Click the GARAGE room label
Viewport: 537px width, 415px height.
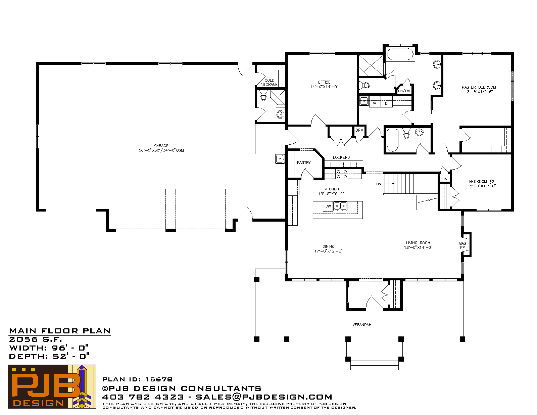[x=161, y=146]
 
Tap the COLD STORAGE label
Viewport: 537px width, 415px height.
[x=270, y=82]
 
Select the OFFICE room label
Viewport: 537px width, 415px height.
[x=324, y=82]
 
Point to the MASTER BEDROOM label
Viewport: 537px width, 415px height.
[x=479, y=87]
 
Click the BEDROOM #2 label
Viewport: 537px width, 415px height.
[x=482, y=181]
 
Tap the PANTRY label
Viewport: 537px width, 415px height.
[x=304, y=163]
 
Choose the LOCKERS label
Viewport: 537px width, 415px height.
[x=341, y=157]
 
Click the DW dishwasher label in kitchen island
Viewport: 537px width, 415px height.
[x=328, y=206]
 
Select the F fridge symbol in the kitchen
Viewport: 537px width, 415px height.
[x=293, y=187]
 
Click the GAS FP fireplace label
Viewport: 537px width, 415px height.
[x=462, y=245]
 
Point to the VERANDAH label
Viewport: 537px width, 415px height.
[x=362, y=325]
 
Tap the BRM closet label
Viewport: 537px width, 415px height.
[x=359, y=130]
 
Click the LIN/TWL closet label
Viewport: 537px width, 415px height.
[x=404, y=91]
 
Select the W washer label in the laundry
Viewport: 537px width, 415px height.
[x=375, y=103]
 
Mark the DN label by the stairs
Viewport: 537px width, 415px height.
[x=379, y=184]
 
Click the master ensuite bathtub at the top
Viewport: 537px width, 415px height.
[x=400, y=54]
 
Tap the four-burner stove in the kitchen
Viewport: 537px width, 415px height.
[x=342, y=174]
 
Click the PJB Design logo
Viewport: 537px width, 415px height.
[x=52, y=386]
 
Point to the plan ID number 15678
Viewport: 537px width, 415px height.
[x=159, y=379]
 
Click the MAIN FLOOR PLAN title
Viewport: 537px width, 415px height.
[x=60, y=331]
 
